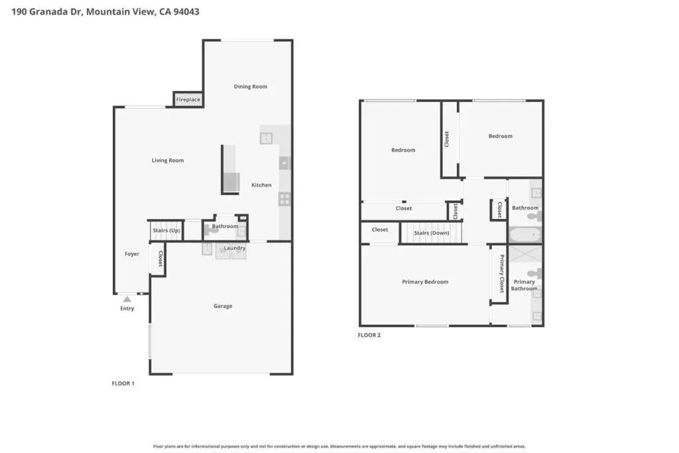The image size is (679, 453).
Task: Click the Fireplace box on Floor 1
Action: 188,99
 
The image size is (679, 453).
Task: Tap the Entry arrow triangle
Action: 127,299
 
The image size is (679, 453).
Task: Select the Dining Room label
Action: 250,87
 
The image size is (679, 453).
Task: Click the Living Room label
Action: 168,161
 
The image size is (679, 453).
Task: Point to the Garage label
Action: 223,306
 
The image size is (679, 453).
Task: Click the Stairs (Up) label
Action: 166,230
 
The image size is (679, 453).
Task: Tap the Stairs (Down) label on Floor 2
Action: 431,233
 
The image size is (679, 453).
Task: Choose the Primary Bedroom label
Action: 425,282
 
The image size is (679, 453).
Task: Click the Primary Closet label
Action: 501,273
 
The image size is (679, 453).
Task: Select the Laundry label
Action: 235,248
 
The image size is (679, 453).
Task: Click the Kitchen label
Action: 261,185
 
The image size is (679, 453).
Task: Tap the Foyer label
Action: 132,254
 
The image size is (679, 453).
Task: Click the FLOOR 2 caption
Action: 369,335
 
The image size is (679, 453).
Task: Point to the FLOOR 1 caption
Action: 123,384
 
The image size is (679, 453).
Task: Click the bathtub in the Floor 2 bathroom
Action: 525,235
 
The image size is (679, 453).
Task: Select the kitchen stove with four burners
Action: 284,199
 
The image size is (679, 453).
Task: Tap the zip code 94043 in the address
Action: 186,12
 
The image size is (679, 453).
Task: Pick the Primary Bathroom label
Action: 524,285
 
